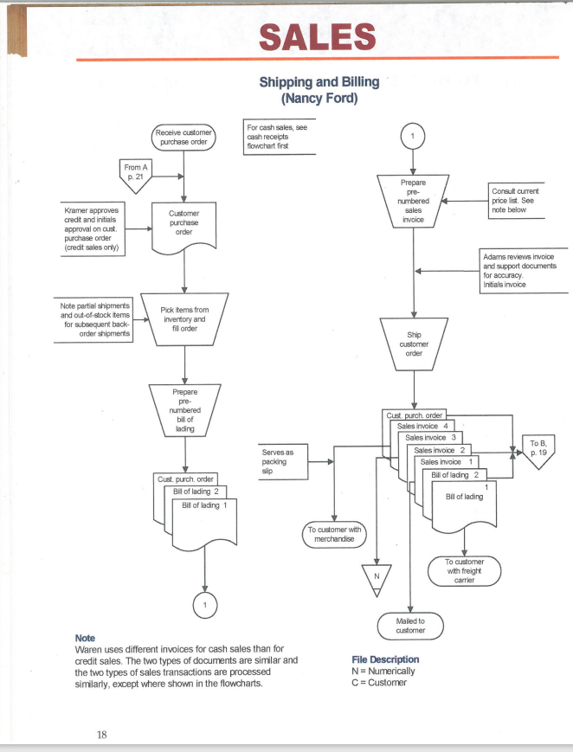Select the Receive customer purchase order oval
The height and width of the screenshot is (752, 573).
[x=183, y=137]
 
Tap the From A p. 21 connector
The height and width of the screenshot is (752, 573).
[x=134, y=172]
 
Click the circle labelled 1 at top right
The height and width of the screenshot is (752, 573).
[x=414, y=136]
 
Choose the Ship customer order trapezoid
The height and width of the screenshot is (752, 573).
[x=414, y=343]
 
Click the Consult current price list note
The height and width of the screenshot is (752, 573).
[x=517, y=200]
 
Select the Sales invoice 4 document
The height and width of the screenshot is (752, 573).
[x=422, y=426]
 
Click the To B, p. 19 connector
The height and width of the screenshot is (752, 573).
[x=538, y=452]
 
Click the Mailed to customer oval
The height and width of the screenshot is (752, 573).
[x=409, y=626]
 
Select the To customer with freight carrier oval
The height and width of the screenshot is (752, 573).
[x=466, y=571]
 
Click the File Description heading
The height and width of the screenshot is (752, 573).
[x=385, y=659]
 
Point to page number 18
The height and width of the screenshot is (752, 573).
[x=102, y=735]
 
